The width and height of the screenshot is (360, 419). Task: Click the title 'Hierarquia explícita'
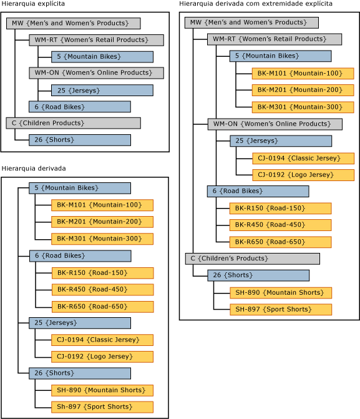point(33,4)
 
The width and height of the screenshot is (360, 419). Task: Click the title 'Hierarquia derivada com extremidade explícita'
point(256,4)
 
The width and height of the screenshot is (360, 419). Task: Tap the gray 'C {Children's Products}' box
point(252,259)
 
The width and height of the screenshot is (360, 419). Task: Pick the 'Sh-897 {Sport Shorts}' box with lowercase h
point(102,407)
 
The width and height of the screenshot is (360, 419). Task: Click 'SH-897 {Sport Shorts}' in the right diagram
point(281,310)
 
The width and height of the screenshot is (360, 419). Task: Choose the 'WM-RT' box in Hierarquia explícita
point(96,40)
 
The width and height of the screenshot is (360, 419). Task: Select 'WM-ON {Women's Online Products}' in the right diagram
point(275,124)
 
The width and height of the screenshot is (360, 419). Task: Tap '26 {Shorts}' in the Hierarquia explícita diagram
point(79,140)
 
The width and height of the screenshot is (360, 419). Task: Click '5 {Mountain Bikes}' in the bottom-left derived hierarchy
point(79,188)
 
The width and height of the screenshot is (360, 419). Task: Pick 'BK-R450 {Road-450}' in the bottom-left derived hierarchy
point(102,290)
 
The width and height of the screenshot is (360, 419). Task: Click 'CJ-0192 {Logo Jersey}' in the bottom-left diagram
point(102,357)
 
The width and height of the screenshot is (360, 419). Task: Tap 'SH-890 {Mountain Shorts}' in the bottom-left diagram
point(102,390)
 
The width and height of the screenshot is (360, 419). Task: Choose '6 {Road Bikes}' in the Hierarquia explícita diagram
point(79,107)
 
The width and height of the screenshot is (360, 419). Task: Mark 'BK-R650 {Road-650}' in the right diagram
point(280,242)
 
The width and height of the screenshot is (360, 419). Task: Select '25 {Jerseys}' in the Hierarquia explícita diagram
point(102,90)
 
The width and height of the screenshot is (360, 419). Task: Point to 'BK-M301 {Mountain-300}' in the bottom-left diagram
point(102,239)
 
